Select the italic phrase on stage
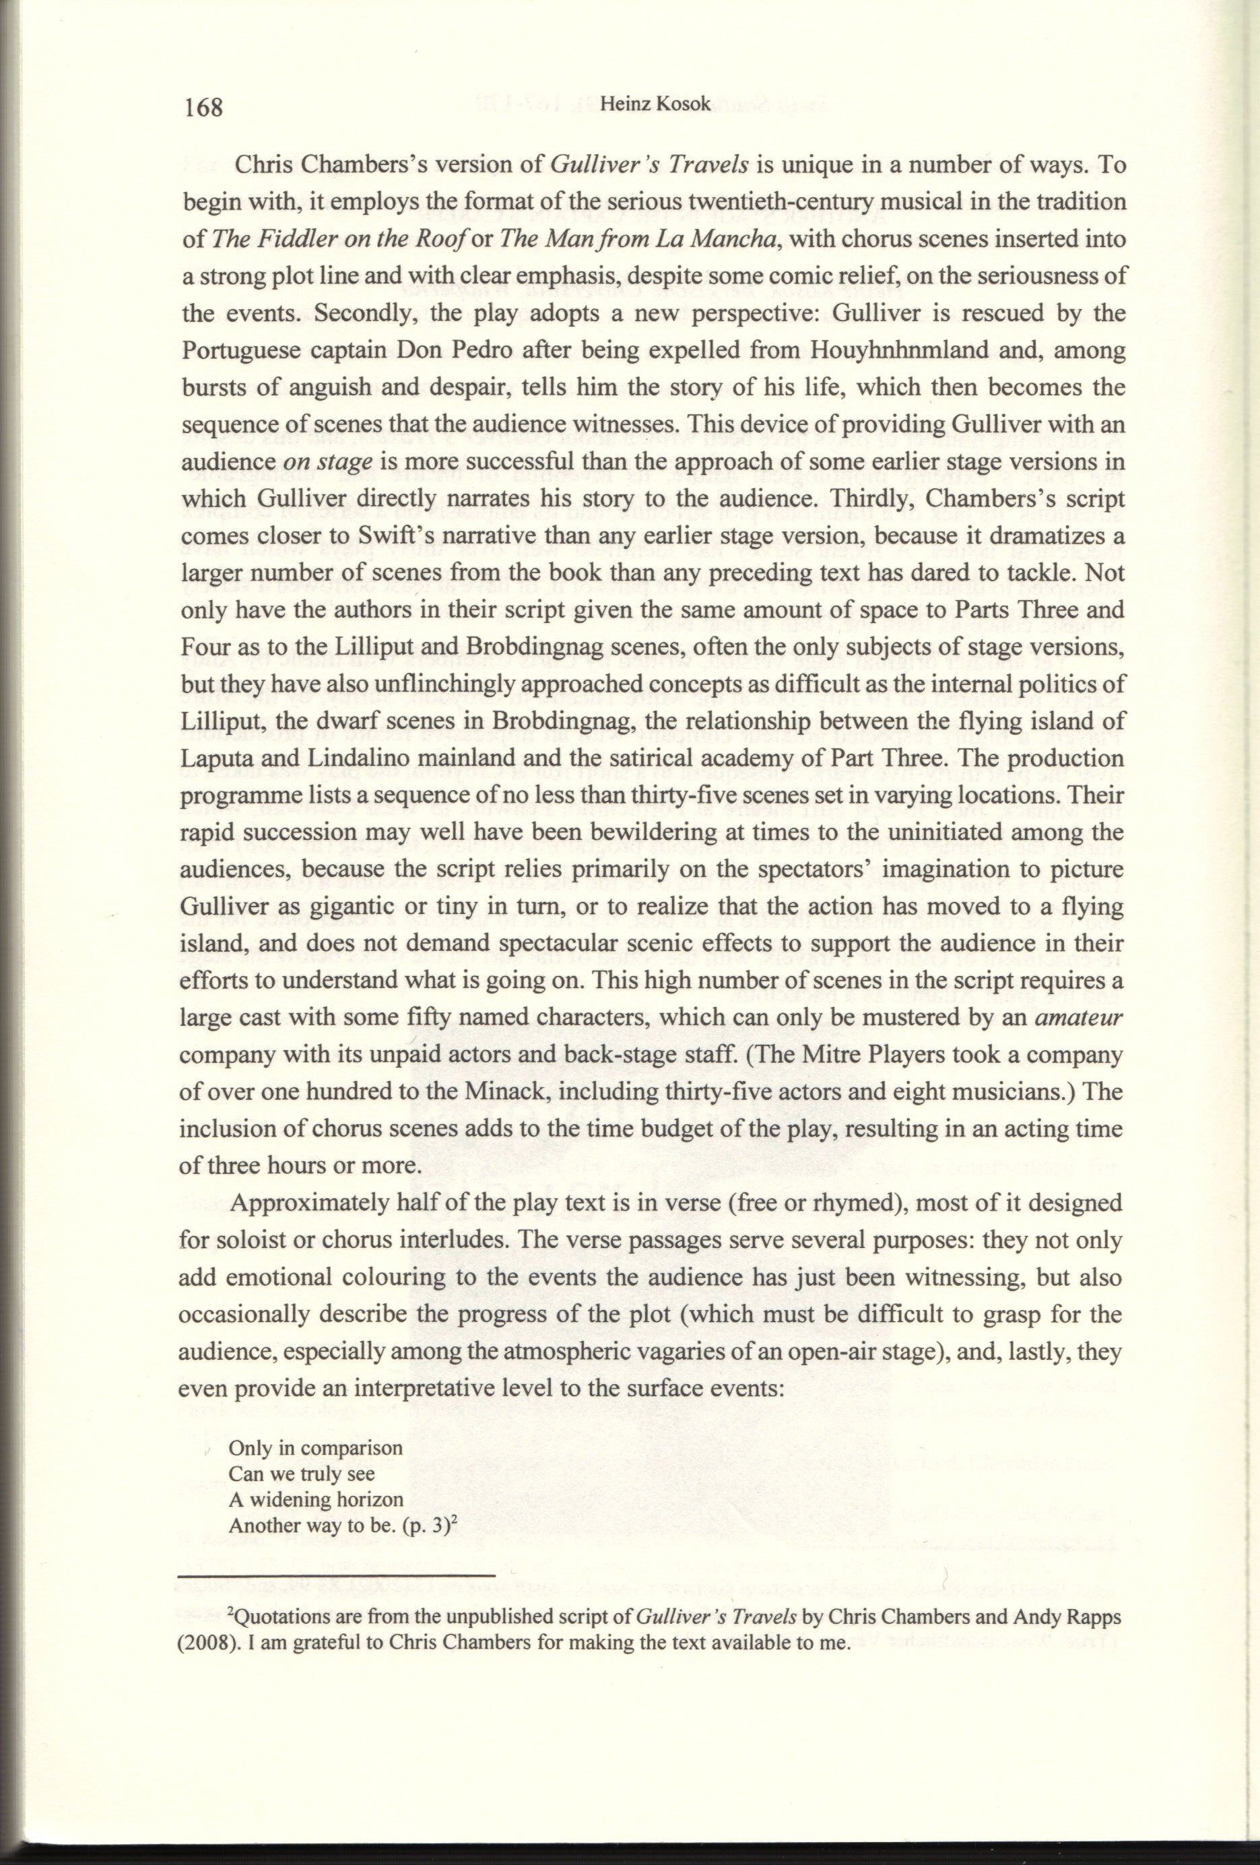pyautogui.click(x=327, y=464)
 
